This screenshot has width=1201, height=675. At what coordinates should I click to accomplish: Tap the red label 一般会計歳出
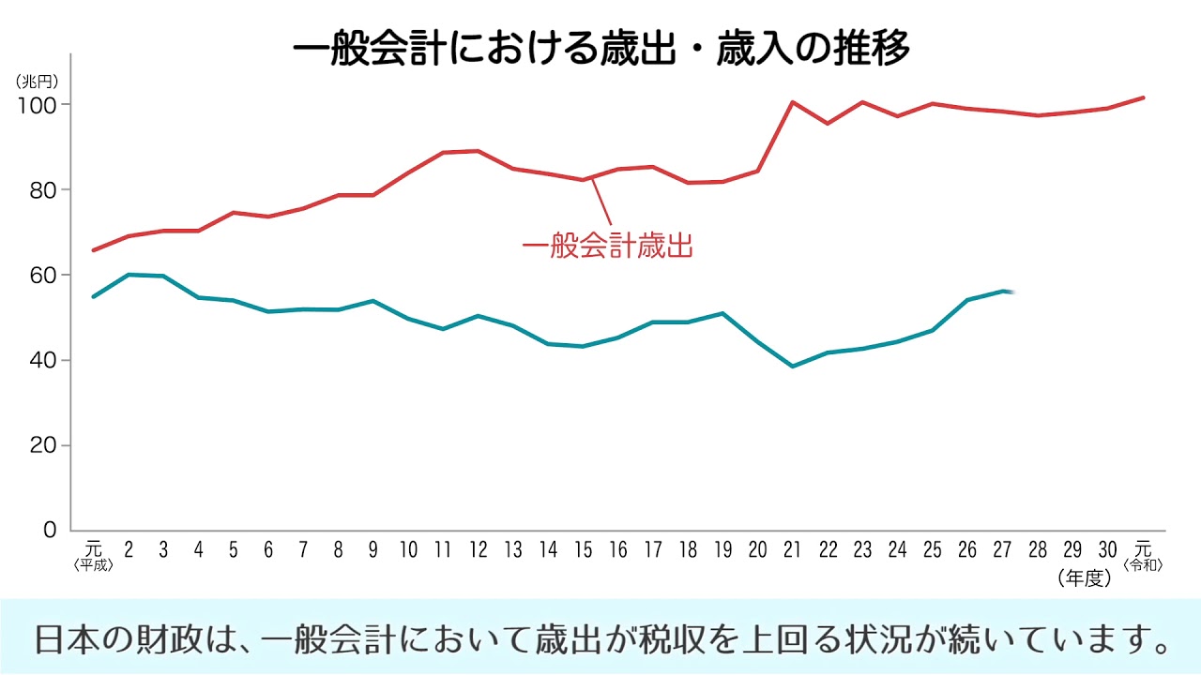[x=607, y=247]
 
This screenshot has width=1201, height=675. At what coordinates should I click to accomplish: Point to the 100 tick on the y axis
[x=38, y=104]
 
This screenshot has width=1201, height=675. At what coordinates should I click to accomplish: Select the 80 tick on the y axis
[x=44, y=189]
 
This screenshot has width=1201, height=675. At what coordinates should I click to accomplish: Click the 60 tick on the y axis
[x=44, y=275]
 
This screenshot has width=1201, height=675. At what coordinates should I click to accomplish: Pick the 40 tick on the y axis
[x=44, y=360]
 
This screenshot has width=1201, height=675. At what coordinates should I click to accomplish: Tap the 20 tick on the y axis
[x=44, y=445]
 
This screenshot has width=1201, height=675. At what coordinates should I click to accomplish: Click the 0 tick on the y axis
[x=51, y=531]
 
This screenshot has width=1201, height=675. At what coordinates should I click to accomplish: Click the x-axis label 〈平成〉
[x=93, y=565]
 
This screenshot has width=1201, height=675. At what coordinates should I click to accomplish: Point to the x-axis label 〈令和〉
[x=1142, y=565]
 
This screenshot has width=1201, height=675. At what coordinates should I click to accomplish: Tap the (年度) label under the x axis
[x=1084, y=578]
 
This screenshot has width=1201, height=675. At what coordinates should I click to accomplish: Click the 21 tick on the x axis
[x=792, y=549]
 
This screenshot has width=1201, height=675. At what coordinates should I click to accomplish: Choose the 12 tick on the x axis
[x=479, y=549]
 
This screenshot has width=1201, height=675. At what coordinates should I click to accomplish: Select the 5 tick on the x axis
[x=234, y=549]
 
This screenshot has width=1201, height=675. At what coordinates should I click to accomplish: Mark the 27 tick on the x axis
[x=1002, y=549]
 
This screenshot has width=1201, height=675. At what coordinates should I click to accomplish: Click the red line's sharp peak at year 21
[x=793, y=102]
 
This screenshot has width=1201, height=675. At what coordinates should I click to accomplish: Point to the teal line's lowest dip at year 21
[x=793, y=366]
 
